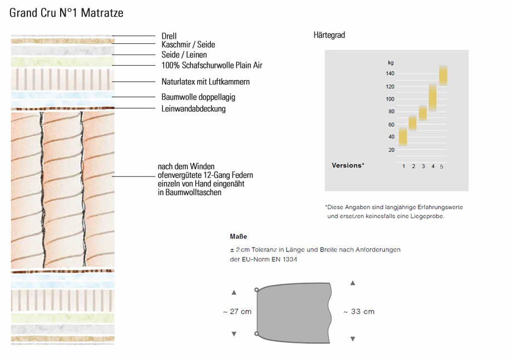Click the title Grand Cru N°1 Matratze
tap(66, 13)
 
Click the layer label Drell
tap(169, 36)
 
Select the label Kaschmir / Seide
tap(188, 45)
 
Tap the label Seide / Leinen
tap(184, 55)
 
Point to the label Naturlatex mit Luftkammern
tap(205, 81)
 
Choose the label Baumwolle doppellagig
tap(198, 97)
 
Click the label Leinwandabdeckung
tap(194, 109)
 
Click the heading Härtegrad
tap(329, 35)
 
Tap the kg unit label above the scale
tap(391, 63)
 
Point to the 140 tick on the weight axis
tap(390, 73)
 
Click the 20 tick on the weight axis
tap(391, 150)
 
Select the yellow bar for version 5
tap(443, 76)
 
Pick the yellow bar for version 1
tap(403, 137)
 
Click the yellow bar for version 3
tap(423, 114)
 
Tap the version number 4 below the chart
tap(433, 166)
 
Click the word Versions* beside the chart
tap(348, 165)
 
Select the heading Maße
tap(239, 236)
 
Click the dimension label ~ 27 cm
tap(237, 312)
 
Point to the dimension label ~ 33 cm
tap(359, 312)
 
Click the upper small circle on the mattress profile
tap(256, 290)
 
